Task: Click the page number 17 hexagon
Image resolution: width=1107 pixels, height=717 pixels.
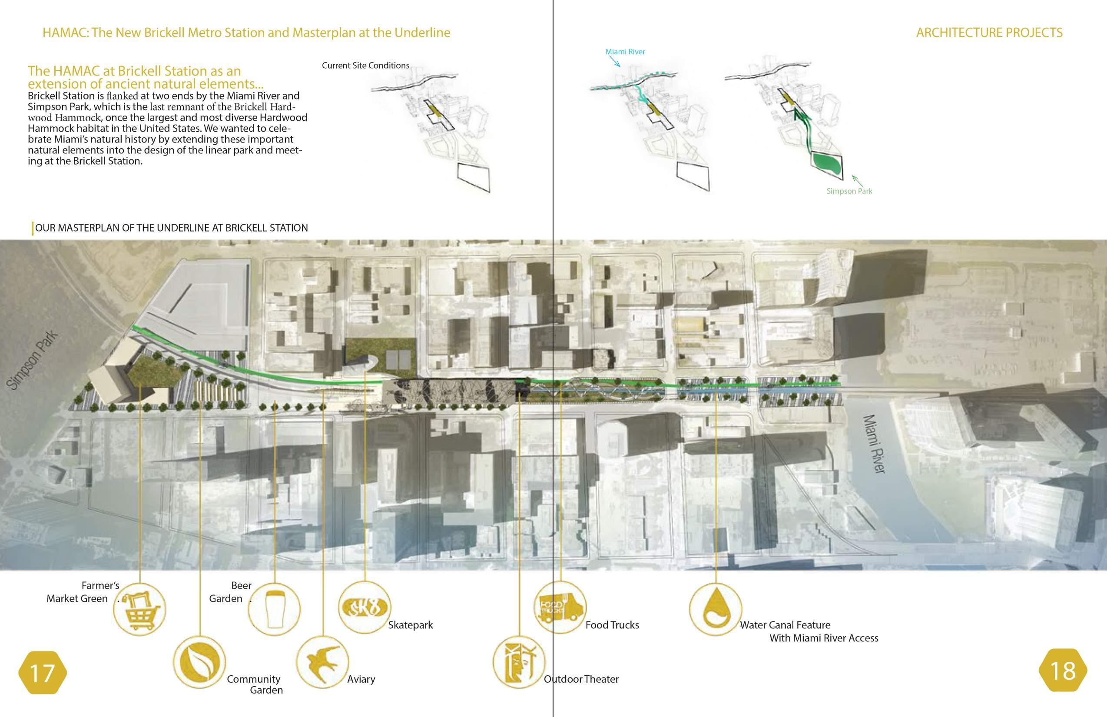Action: (x=42, y=673)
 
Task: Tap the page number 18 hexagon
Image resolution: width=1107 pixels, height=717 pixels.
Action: (x=1063, y=671)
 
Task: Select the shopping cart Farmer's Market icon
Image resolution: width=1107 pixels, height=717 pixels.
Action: (x=139, y=610)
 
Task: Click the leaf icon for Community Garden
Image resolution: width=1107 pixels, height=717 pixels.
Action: (x=199, y=662)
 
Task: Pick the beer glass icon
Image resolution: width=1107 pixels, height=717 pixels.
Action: (x=274, y=610)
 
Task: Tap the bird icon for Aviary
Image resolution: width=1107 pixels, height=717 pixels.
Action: (x=322, y=662)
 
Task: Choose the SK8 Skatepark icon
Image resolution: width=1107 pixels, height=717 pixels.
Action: (x=364, y=607)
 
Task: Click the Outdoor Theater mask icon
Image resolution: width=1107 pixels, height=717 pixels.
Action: (x=518, y=662)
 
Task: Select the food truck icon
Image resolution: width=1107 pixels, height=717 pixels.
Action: (x=560, y=607)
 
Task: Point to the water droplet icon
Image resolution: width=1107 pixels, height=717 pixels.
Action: (x=715, y=609)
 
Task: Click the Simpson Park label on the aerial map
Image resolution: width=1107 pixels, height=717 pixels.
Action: (x=33, y=360)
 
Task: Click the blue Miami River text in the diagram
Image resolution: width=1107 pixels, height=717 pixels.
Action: (x=625, y=52)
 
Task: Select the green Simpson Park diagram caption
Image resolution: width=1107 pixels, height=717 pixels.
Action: (x=849, y=191)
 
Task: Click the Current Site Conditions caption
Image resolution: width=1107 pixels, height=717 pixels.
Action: (x=365, y=66)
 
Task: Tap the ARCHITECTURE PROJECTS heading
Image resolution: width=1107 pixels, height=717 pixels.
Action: (x=989, y=33)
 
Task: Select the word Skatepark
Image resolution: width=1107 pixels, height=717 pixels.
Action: (x=410, y=625)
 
